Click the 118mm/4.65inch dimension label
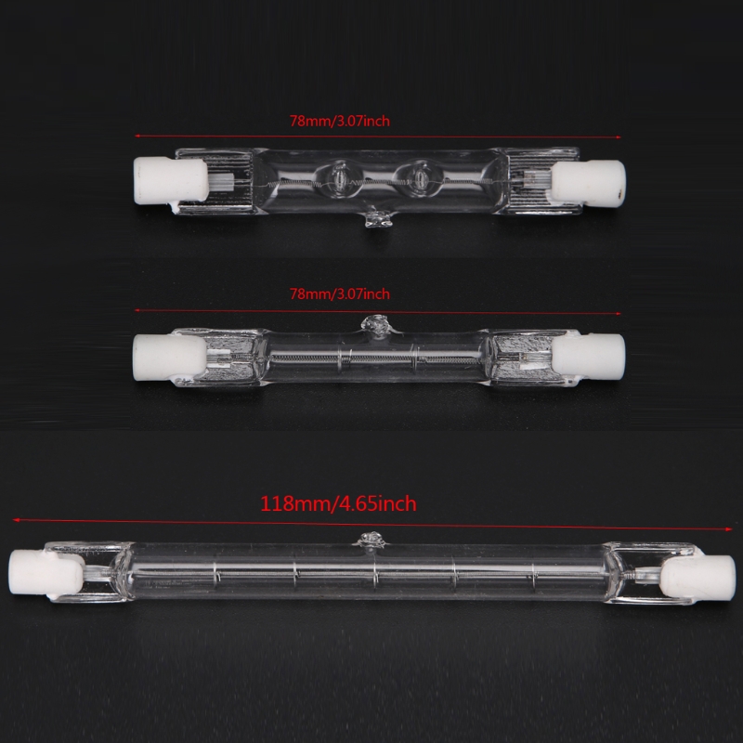338,504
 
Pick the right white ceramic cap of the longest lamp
697,573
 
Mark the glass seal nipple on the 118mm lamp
372,540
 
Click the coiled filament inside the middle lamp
371,354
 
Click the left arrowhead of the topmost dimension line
137,132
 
